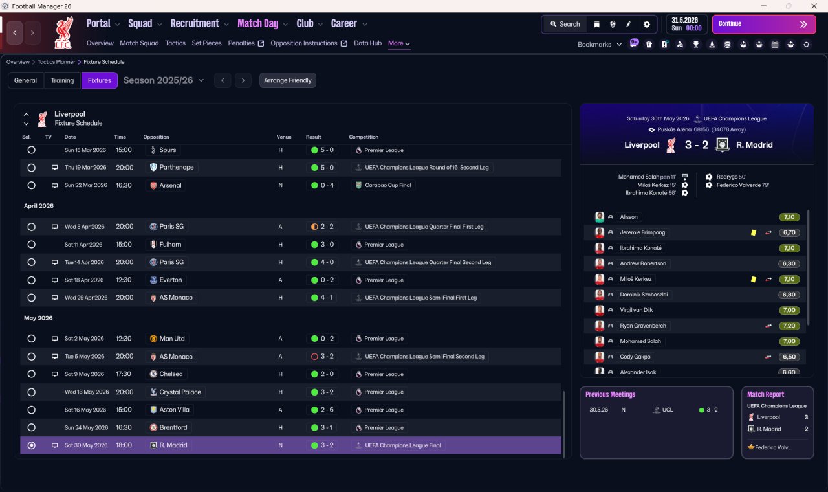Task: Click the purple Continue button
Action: (764, 24)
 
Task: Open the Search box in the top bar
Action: (565, 24)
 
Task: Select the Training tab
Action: (62, 80)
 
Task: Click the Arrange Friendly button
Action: (288, 80)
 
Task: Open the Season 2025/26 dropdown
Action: (164, 80)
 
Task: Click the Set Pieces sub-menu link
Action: (206, 43)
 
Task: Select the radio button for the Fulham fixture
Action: (32, 245)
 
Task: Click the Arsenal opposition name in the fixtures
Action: (170, 185)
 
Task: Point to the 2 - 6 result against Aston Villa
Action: (322, 410)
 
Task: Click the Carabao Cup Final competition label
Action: (387, 185)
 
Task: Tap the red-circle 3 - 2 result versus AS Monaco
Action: (322, 357)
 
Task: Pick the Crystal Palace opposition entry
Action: (180, 392)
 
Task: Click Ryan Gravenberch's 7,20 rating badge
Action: (789, 326)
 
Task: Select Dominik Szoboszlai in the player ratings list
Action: (644, 295)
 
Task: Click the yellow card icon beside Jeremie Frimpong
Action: (754, 232)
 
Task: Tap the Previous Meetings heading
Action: (610, 394)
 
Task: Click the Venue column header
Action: (284, 137)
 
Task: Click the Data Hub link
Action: (367, 43)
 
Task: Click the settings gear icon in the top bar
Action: (646, 25)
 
